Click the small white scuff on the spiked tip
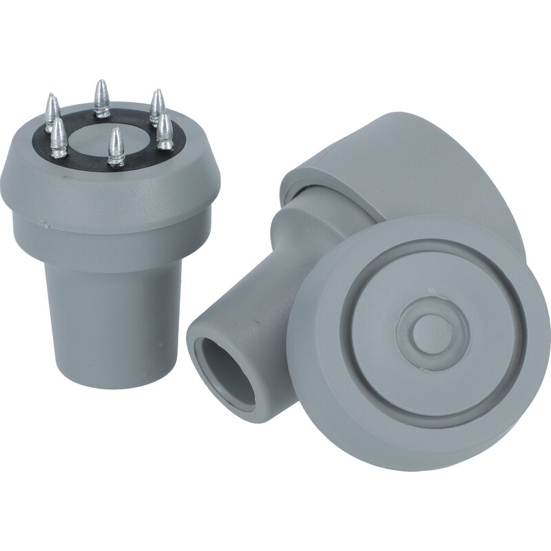click(x=44, y=225)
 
